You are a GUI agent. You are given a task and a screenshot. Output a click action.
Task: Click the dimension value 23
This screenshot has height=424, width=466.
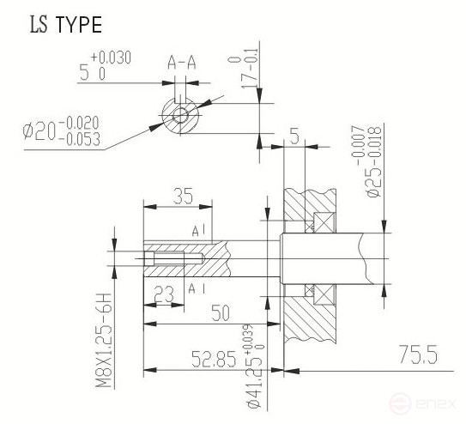coord(164,294)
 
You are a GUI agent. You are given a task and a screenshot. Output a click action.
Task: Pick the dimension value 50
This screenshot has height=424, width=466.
coord(221,314)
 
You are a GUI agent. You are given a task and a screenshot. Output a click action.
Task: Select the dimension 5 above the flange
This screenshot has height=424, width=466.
coord(294,136)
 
